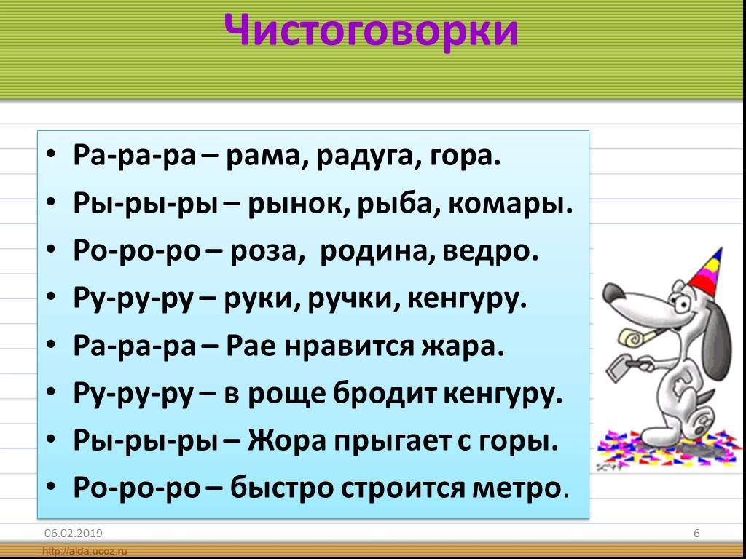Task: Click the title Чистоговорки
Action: [371, 31]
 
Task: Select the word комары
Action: [510, 205]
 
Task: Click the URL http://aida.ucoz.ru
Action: [86, 552]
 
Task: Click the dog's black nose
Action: [612, 293]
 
